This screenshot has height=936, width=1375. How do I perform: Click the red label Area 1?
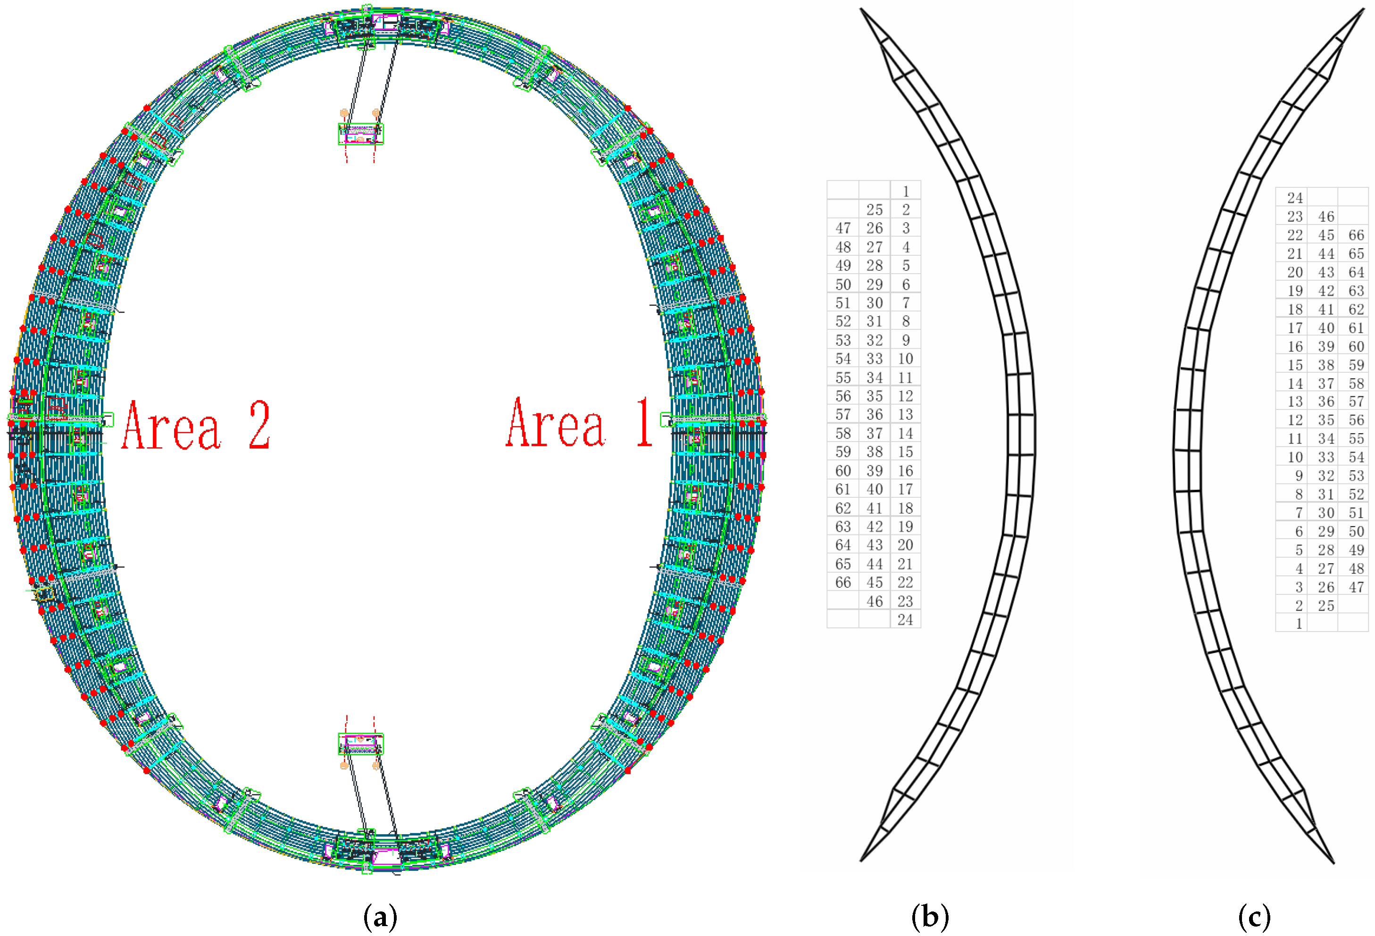pos(579,424)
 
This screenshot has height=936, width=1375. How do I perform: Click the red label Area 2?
pos(195,425)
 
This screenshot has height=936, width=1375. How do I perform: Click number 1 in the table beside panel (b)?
pos(905,192)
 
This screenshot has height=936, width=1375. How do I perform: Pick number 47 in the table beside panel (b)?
pos(843,228)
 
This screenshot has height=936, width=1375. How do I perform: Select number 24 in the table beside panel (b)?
pos(905,619)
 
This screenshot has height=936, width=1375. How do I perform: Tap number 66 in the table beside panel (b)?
pos(843,583)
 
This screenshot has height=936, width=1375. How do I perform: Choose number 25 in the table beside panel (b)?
pos(875,210)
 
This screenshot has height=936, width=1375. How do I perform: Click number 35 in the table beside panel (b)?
pos(875,396)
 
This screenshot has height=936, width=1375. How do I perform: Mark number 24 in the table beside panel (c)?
pos(1295,198)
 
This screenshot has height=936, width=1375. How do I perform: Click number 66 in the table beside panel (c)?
pos(1356,235)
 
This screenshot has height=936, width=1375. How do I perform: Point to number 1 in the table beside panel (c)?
pos(1299,624)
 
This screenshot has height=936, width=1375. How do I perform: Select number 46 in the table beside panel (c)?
pos(1326,217)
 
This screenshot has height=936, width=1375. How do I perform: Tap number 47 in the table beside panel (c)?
pos(1356,587)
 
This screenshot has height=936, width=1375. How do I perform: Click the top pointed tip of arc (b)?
pos(861,10)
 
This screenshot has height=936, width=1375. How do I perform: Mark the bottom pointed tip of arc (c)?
pos(1333,862)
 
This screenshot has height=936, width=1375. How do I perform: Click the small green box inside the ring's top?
pos(360,134)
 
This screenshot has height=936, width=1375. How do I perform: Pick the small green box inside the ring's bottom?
pos(360,744)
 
